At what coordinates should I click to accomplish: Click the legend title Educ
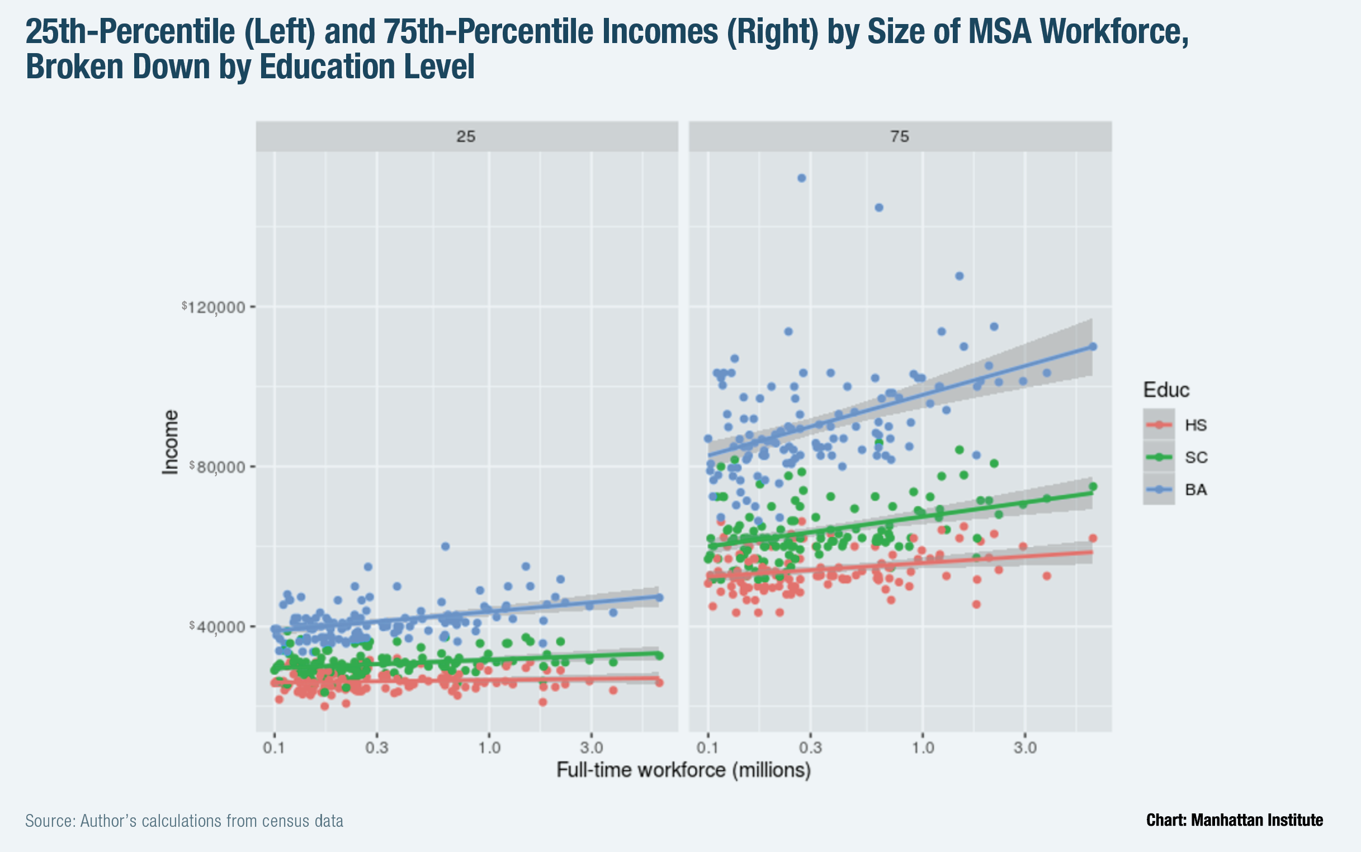[x=1166, y=390]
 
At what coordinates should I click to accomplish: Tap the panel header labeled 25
[x=466, y=136]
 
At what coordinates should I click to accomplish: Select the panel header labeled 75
[x=900, y=136]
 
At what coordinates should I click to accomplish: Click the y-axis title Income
[x=170, y=442]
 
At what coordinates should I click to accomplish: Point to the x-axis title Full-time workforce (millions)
[x=684, y=770]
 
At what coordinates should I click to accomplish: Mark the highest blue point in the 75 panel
[x=801, y=178]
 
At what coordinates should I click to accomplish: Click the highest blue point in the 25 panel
[x=445, y=546]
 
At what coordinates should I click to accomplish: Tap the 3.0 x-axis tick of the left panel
[x=591, y=748]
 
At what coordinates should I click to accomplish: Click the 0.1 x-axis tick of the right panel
[x=708, y=748]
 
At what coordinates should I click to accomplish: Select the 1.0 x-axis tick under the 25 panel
[x=489, y=748]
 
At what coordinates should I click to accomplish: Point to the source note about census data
[x=185, y=821]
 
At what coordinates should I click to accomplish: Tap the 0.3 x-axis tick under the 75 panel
[x=810, y=748]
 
